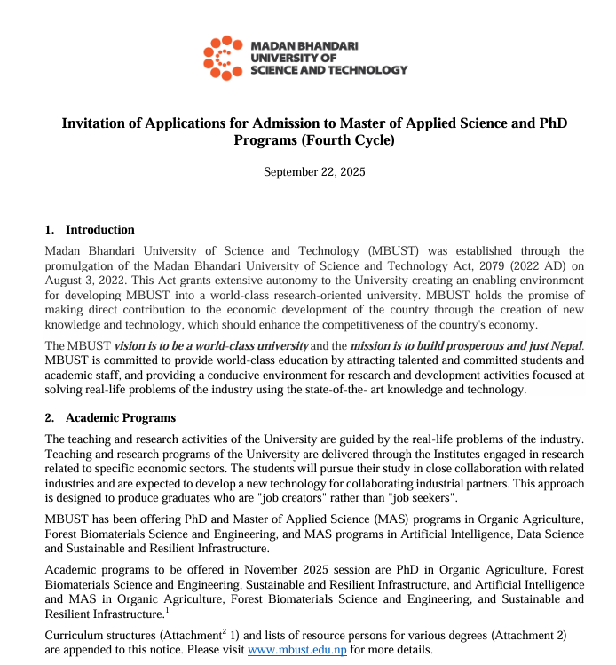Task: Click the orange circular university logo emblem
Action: (223, 58)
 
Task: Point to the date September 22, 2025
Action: (314, 171)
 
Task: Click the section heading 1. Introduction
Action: (90, 230)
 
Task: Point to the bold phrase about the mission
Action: (467, 345)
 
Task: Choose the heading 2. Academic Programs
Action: (110, 418)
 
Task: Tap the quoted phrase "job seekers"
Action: (421, 497)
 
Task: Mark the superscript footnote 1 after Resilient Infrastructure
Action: (167, 609)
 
